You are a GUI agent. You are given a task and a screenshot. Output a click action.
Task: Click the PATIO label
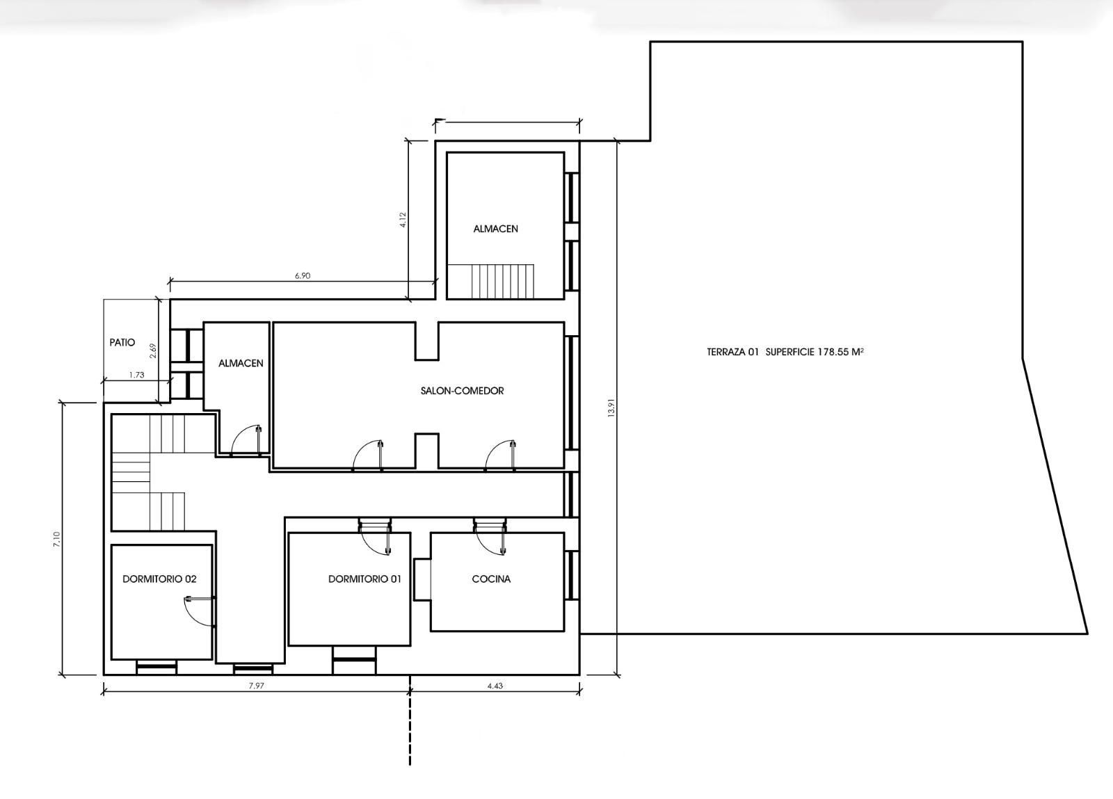[x=122, y=343]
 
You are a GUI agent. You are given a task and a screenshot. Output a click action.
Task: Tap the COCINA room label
[x=491, y=579]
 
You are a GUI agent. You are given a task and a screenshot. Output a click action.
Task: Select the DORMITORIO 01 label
[x=365, y=579]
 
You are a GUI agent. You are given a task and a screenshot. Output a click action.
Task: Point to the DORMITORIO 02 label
[x=159, y=579]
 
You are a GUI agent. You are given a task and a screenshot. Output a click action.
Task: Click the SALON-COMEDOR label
[x=462, y=391]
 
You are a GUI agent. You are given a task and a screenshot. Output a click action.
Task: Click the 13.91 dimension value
[x=611, y=408]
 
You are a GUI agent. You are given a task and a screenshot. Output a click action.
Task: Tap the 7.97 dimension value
[x=256, y=686]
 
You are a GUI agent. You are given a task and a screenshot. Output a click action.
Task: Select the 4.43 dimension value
[x=495, y=686]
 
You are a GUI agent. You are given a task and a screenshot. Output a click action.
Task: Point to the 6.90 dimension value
[x=303, y=275]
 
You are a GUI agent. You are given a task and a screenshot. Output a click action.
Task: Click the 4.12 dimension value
[x=403, y=220]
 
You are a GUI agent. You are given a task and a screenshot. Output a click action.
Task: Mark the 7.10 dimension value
[x=56, y=540]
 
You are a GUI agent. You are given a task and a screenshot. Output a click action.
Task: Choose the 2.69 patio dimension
[x=154, y=351]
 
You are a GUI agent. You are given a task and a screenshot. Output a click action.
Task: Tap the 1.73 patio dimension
[x=136, y=375]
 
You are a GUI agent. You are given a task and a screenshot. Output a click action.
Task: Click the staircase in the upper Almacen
[x=491, y=281]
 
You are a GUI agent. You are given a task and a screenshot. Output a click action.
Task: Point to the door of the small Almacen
[x=246, y=440]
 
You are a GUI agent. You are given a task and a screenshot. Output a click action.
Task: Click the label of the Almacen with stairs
[x=495, y=229]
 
